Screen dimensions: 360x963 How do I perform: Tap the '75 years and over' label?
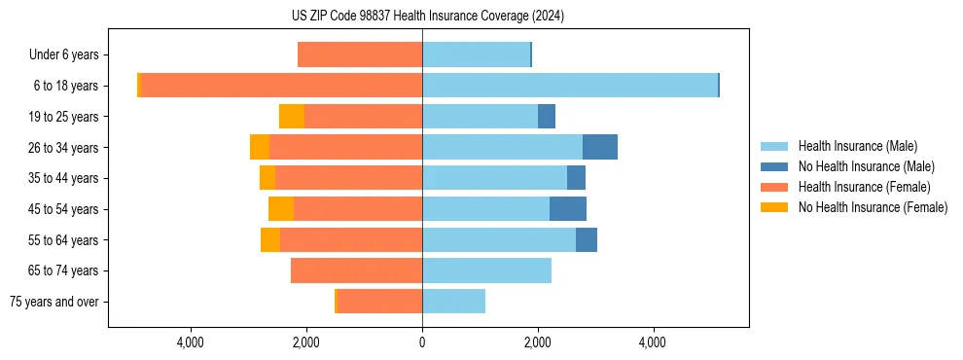click(53, 302)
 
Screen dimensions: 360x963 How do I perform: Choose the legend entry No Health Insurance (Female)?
click(873, 207)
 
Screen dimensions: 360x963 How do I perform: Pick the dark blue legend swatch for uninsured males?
click(775, 166)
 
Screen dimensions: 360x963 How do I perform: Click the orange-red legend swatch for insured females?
click(775, 187)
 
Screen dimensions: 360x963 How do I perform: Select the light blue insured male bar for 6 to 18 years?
click(569, 86)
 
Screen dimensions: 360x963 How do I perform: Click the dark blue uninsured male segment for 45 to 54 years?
click(568, 209)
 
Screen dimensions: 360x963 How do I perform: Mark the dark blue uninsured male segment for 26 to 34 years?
click(600, 148)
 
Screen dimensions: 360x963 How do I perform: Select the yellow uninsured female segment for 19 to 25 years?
click(292, 117)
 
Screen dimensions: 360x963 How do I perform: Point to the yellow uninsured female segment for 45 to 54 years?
click(281, 209)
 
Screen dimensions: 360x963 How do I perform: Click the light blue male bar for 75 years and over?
click(453, 302)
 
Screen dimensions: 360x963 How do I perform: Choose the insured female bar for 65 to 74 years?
click(356, 270)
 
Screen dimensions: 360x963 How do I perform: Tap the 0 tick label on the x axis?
click(422, 342)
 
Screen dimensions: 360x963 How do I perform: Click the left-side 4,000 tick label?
click(191, 342)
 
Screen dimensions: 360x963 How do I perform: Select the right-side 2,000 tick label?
click(537, 342)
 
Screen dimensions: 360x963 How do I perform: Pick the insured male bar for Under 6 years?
click(476, 55)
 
